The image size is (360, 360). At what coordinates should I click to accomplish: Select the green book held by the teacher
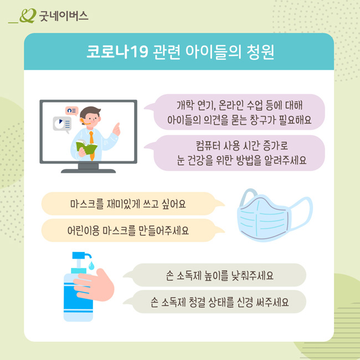tap(86, 147)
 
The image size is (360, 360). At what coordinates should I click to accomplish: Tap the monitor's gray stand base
tap(89, 170)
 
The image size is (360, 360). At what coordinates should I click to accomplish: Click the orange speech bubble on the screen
tap(71, 111)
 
